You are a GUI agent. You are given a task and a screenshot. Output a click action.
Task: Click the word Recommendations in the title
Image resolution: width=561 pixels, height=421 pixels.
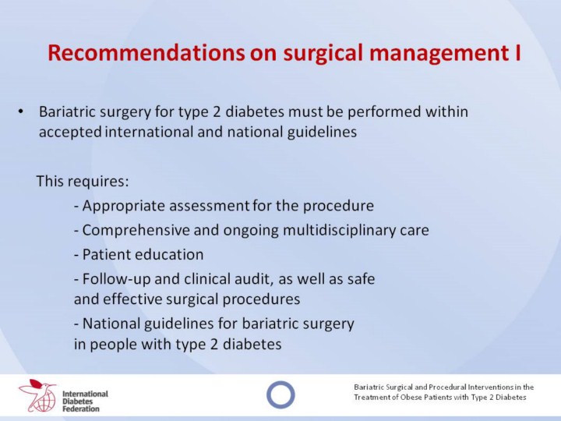146,52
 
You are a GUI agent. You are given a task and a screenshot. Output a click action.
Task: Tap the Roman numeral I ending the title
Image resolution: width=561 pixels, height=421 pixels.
517,52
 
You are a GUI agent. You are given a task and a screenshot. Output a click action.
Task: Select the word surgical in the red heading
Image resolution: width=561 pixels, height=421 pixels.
324,53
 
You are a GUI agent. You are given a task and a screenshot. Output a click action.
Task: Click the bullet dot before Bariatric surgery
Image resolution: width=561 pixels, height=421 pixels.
20,112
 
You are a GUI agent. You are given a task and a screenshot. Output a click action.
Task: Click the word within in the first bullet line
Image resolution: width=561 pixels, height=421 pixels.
446,111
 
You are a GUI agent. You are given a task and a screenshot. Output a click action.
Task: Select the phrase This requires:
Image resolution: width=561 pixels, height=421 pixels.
83,181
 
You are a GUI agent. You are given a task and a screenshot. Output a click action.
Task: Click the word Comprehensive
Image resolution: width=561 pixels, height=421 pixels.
136,231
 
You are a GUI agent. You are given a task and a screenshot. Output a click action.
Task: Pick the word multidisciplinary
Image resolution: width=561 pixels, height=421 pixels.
339,231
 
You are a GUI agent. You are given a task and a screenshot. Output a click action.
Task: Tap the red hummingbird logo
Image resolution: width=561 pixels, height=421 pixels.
37,395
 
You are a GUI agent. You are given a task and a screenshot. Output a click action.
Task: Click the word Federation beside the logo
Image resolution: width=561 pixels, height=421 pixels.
81,409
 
